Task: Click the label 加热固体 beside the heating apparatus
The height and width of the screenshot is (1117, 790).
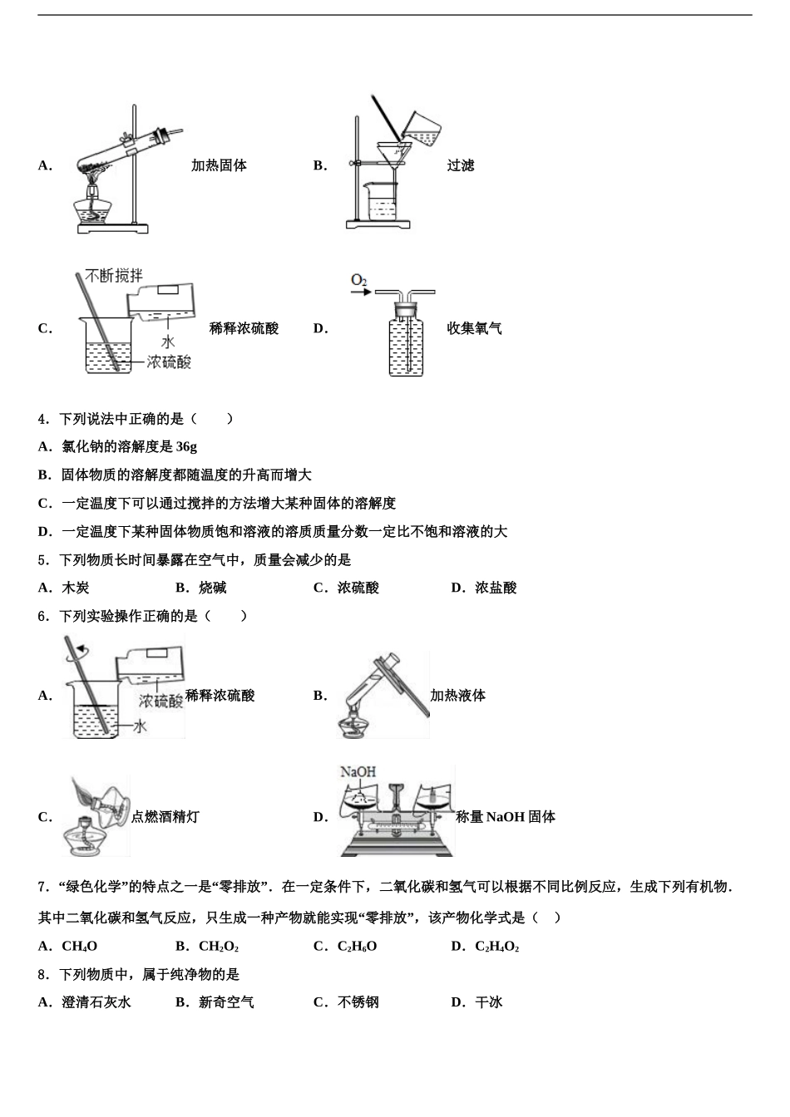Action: click(219, 165)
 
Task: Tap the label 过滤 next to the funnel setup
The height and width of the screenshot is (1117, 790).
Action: click(460, 165)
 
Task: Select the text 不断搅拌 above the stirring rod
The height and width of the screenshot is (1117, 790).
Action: click(114, 275)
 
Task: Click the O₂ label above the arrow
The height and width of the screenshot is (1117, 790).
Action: click(358, 280)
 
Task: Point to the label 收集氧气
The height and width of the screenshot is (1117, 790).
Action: click(474, 328)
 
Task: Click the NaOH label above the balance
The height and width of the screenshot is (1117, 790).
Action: click(358, 772)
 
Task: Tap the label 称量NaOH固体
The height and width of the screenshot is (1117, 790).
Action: click(506, 817)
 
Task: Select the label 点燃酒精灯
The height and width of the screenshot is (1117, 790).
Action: click(165, 817)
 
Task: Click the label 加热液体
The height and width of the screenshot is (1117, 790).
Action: click(457, 696)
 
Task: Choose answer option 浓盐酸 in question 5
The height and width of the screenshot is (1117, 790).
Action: click(496, 588)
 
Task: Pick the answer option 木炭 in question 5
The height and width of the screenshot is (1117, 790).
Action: click(76, 588)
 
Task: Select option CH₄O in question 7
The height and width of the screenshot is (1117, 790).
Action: click(79, 946)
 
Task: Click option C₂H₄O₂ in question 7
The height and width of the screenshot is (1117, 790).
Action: click(496, 946)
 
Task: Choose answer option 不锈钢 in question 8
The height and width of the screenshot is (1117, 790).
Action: click(358, 1002)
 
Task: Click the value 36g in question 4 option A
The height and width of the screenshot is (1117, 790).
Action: click(186, 446)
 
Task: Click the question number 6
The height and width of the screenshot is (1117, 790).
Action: click(42, 616)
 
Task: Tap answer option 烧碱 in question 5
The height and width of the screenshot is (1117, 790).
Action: click(212, 588)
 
